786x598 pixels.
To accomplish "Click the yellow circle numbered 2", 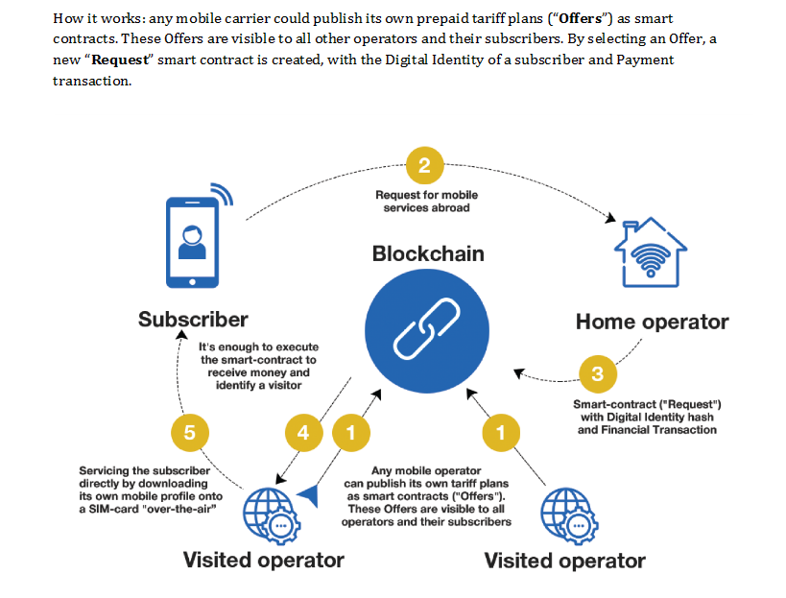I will click(x=425, y=166).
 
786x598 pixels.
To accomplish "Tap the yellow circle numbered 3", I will click(x=597, y=373).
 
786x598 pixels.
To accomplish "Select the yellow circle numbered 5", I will click(x=189, y=432).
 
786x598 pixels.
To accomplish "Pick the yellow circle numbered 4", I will click(x=304, y=433).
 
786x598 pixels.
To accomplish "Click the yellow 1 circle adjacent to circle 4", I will click(x=351, y=433).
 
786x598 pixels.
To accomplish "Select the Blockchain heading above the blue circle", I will click(x=428, y=254).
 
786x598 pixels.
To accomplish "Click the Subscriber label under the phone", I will click(x=193, y=319).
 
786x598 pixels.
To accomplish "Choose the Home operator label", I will click(x=652, y=322).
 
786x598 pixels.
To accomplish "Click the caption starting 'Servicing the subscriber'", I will click(x=144, y=489).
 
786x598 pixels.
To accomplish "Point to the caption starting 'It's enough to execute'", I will click(x=258, y=366).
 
